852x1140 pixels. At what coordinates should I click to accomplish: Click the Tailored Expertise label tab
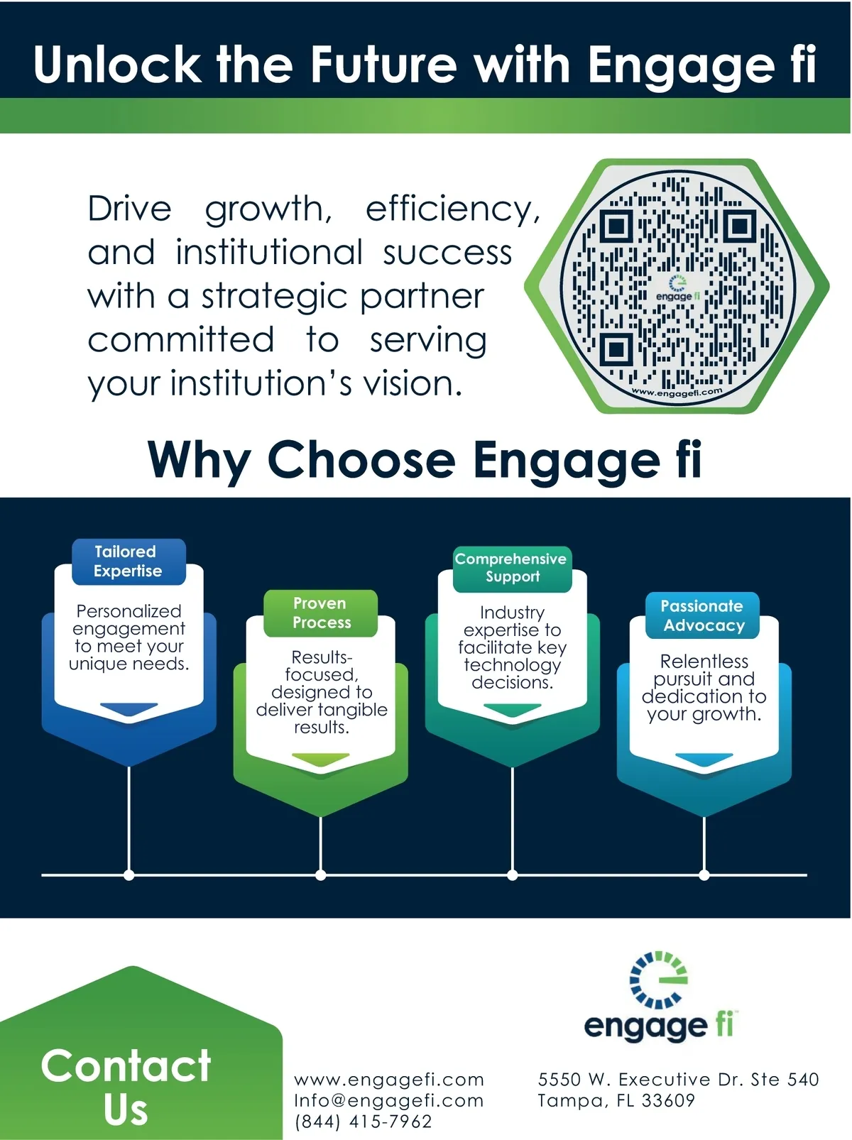coord(129,561)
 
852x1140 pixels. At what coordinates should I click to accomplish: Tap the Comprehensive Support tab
coord(512,568)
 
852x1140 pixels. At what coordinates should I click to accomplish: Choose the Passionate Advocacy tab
coord(702,615)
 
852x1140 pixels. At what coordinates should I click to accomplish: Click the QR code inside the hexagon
coord(677,287)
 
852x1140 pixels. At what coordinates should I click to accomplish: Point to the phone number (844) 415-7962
coord(363,1122)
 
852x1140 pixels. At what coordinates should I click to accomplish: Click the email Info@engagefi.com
coord(388,1100)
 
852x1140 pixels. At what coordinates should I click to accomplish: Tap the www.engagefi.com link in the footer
coord(388,1080)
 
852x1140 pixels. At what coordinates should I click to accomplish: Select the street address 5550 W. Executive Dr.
coord(678,1080)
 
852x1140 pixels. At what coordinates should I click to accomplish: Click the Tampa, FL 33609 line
coord(616,1100)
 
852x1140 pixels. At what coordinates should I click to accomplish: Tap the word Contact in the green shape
coord(126,1065)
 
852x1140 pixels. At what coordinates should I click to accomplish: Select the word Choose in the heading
coord(361,460)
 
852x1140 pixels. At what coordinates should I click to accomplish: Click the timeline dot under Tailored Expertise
coord(129,875)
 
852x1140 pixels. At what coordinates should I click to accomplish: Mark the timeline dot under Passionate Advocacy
coord(704,875)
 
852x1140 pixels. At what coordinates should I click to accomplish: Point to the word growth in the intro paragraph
coord(268,209)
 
